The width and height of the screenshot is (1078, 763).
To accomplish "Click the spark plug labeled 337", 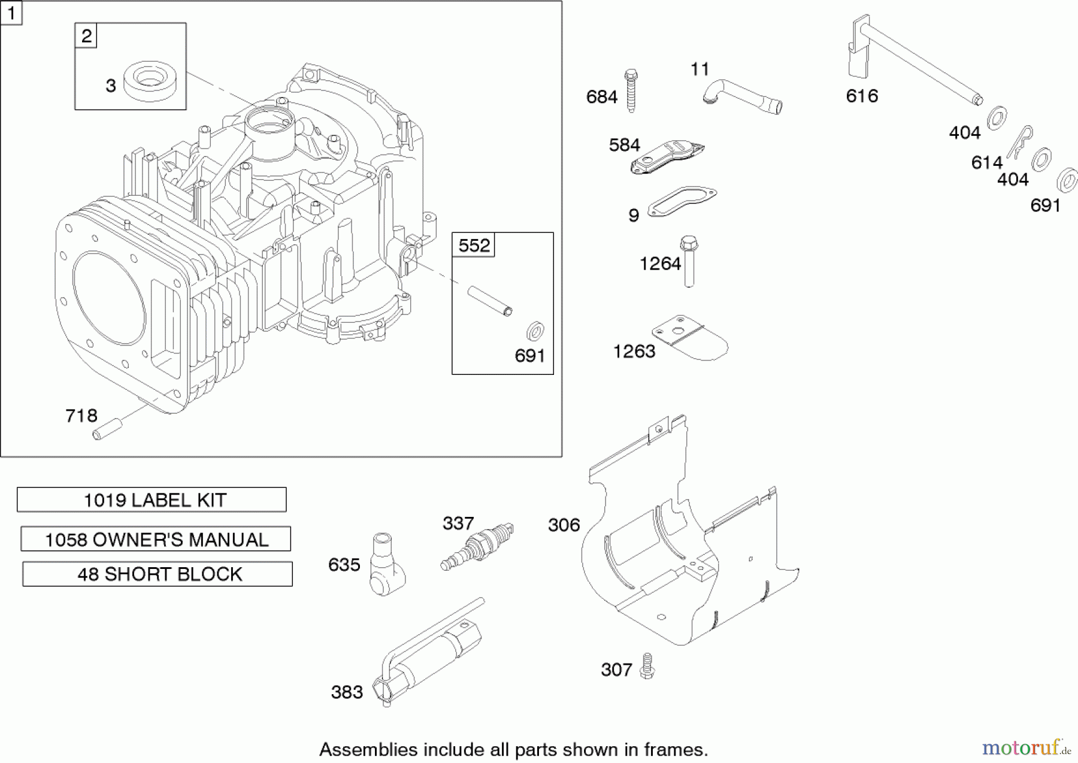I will point(477,546).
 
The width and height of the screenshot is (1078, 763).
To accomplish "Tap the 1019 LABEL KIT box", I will point(152,499).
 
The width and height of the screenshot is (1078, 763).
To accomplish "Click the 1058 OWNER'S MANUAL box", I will point(156,539).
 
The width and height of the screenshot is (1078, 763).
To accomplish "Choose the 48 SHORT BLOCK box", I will point(158,574).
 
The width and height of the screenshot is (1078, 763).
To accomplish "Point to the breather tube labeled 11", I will point(743,96).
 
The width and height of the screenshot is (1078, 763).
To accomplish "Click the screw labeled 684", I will point(631,91).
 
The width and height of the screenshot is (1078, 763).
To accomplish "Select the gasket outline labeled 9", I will point(682,200).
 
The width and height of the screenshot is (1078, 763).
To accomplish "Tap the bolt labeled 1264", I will point(689,261).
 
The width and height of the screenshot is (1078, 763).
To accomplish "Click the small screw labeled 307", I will point(646,666).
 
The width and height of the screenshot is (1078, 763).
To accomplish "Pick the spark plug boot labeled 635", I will point(384,565).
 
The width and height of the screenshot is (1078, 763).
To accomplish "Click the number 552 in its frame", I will point(474,245).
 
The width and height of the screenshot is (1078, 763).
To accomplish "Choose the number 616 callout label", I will point(862,96).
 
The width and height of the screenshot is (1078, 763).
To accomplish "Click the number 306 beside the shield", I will point(564,525).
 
